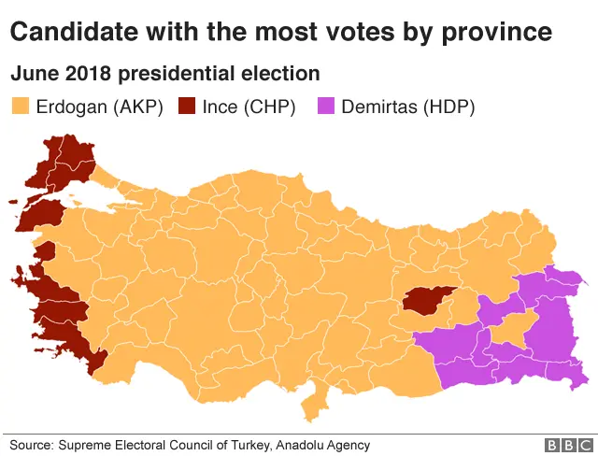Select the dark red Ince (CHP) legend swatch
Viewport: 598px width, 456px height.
[x=187, y=107]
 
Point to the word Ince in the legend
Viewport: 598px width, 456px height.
[x=221, y=107]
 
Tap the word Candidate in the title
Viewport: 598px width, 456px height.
[x=68, y=34]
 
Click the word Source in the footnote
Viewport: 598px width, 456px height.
[x=30, y=446]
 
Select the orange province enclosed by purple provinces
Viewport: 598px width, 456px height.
[x=512, y=329]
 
